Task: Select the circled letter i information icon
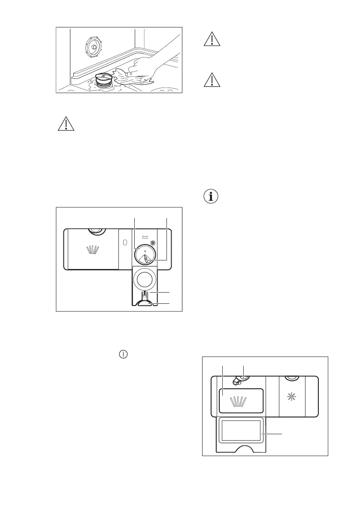(210, 197)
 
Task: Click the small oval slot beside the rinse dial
(124, 242)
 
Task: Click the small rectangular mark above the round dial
(145, 236)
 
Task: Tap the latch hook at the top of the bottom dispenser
(236, 381)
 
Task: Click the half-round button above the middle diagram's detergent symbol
(95, 232)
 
